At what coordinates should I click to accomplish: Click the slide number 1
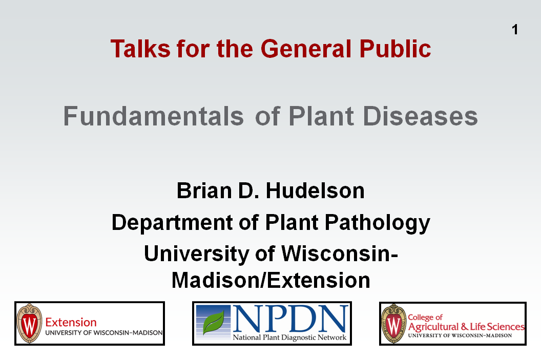click(x=515, y=30)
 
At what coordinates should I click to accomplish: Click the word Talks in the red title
click(x=140, y=49)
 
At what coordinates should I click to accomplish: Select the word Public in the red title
click(x=395, y=49)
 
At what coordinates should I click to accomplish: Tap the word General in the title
click(x=306, y=49)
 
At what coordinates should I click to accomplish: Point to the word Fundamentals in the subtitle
click(x=154, y=116)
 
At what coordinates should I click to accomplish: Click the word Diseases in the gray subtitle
click(x=420, y=116)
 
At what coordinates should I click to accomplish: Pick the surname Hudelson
click(x=315, y=190)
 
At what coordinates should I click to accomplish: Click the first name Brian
click(x=204, y=190)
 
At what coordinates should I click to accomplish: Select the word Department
click(x=172, y=222)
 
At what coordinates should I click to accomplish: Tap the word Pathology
click(x=378, y=222)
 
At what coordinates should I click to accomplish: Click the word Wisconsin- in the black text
click(x=340, y=253)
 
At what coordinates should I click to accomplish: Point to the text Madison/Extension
click(x=271, y=280)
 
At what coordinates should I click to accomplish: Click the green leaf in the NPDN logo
click(x=214, y=323)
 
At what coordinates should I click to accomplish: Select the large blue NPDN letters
click(x=290, y=319)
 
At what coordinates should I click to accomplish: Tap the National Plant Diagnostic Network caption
click(x=289, y=337)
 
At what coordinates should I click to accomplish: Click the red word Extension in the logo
click(x=71, y=323)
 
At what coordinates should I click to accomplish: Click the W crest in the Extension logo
click(x=29, y=324)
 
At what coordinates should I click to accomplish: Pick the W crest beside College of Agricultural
click(x=393, y=324)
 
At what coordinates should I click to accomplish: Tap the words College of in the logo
click(x=425, y=317)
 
